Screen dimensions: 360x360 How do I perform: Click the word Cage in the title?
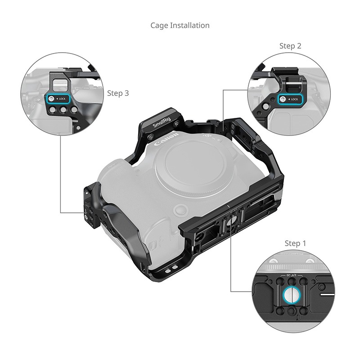point(159,25)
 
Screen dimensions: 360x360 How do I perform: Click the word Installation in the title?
point(189,25)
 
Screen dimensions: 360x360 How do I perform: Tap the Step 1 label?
point(295,243)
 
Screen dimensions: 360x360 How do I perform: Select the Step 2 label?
point(290,46)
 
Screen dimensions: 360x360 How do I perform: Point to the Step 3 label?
point(118,93)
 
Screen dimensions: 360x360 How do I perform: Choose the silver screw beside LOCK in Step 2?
point(283,99)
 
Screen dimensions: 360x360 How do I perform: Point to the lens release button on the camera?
point(180,209)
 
